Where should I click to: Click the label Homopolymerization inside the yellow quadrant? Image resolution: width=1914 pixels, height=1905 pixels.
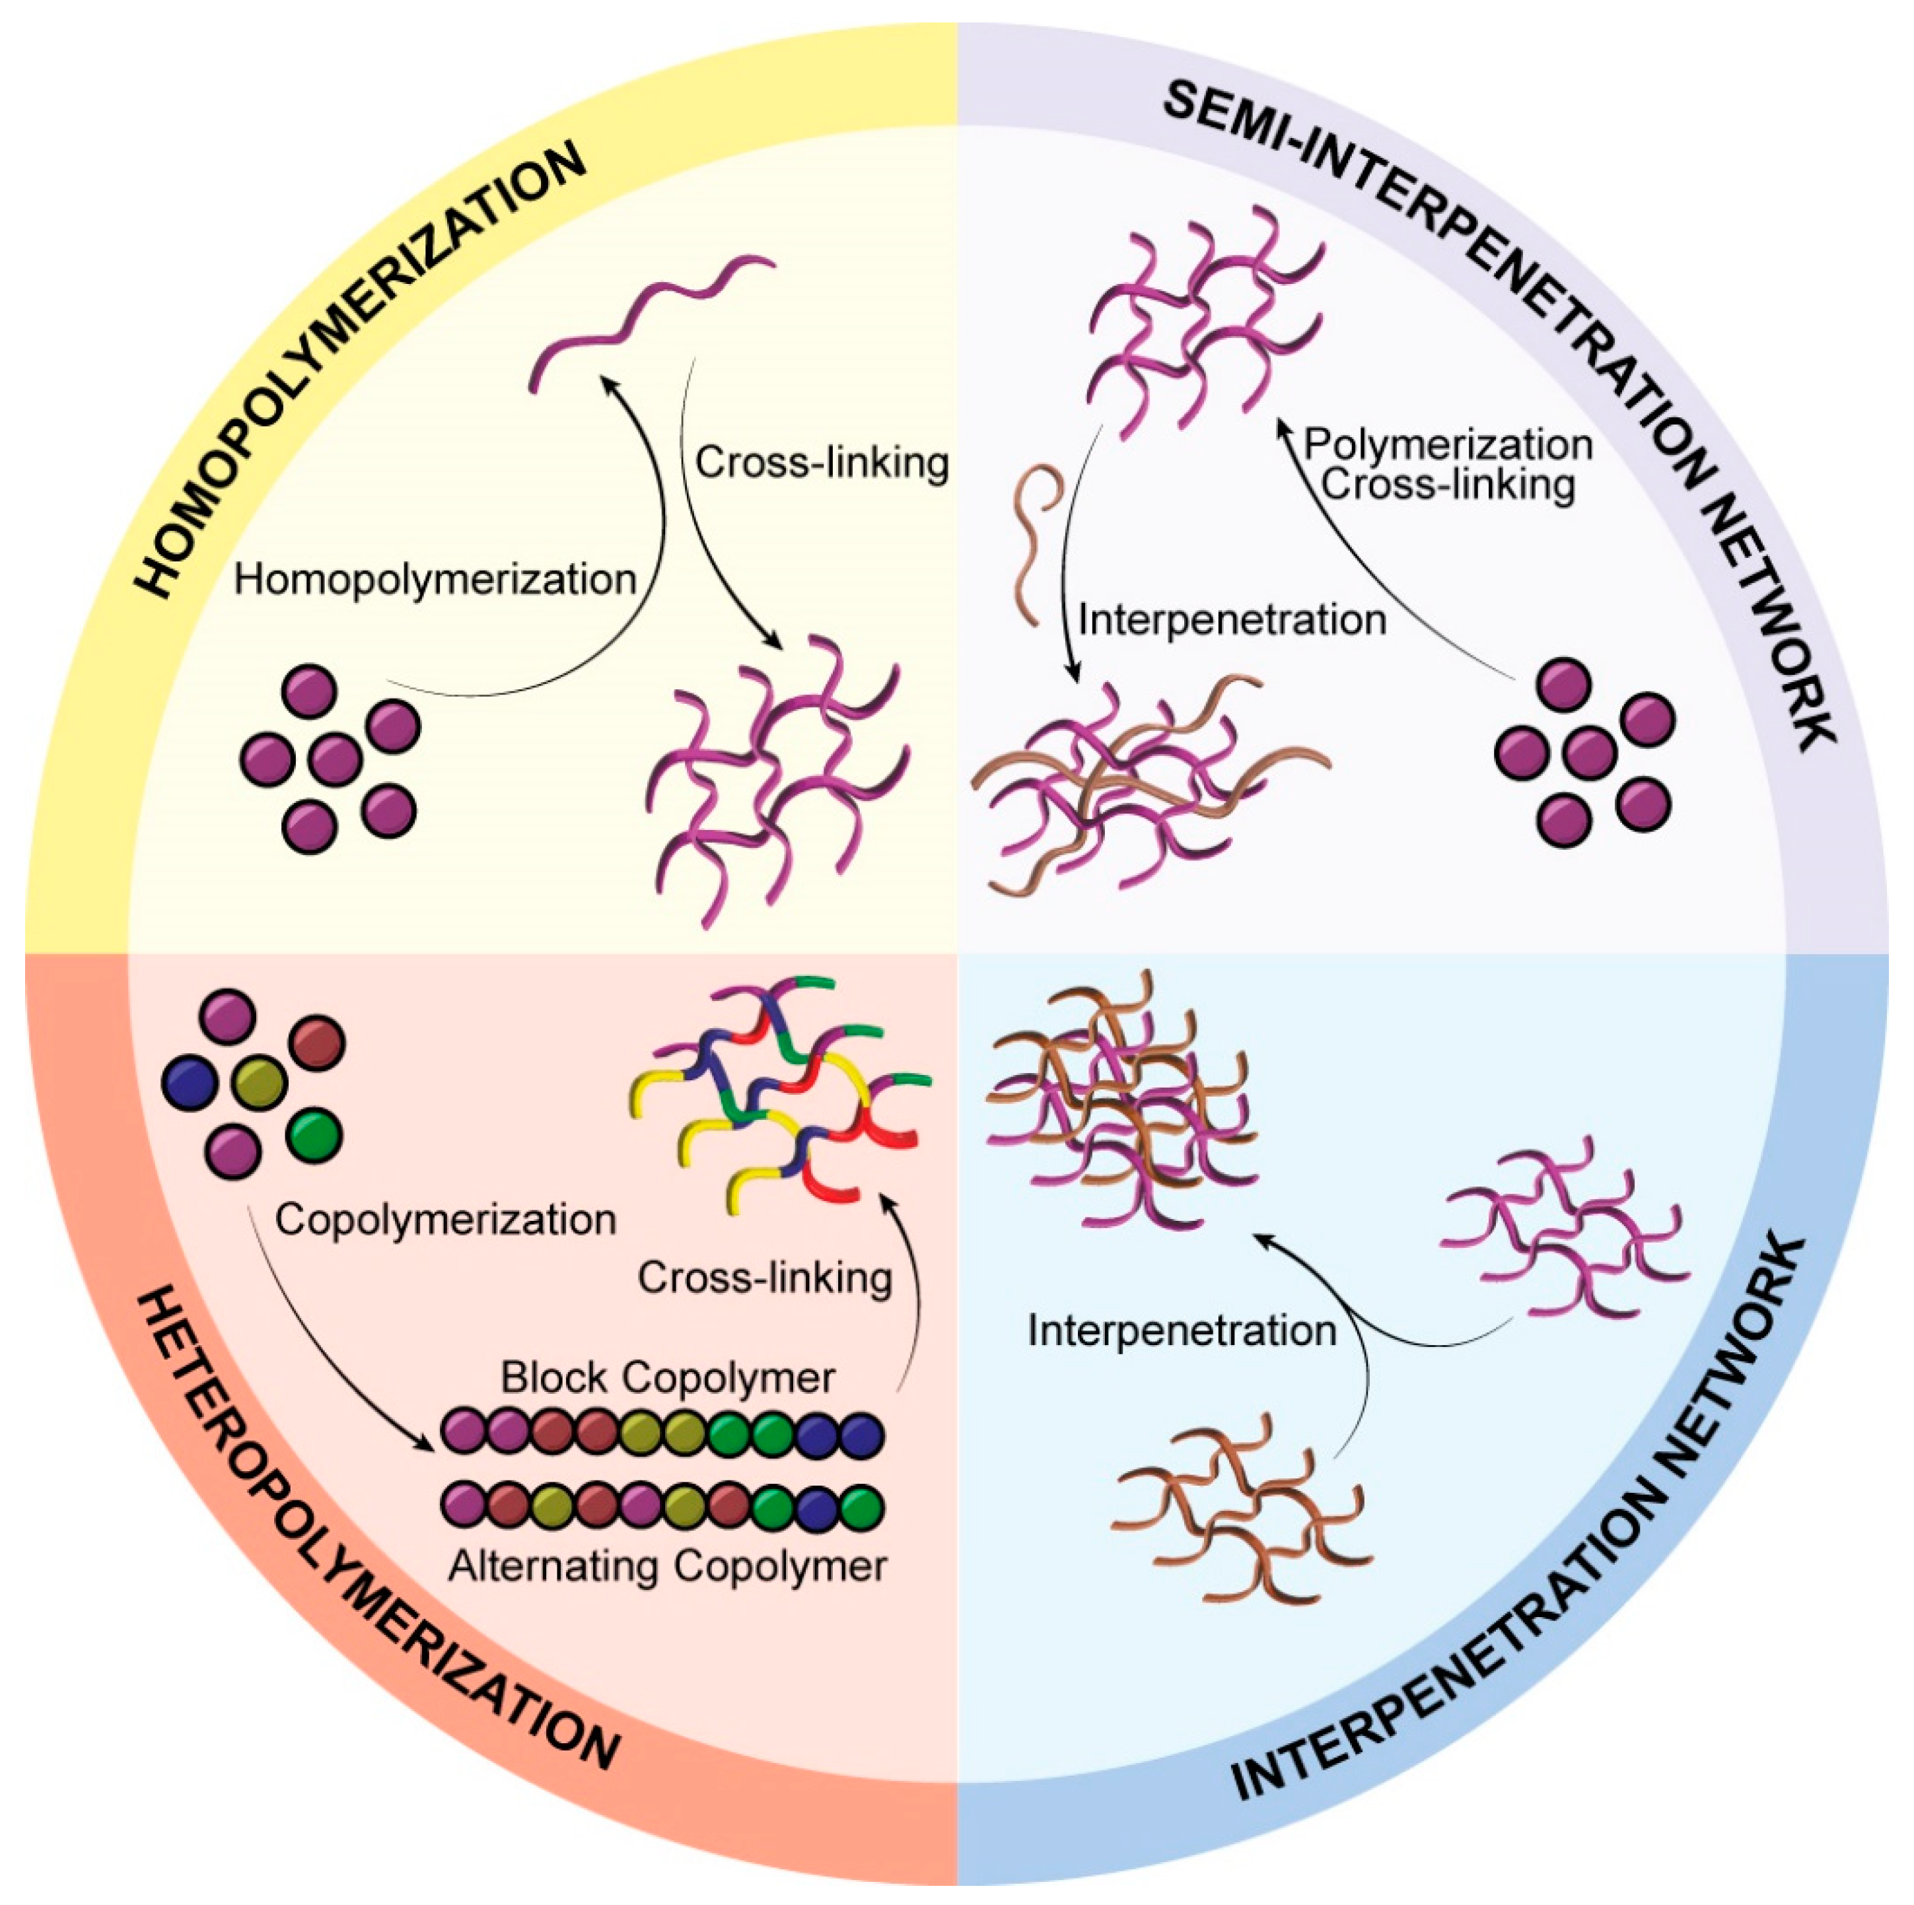435,580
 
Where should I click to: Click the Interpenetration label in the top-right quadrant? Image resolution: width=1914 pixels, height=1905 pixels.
1231,620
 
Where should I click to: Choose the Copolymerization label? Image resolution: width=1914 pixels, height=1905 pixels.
446,1220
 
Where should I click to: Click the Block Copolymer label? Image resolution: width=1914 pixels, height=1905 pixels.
667,1378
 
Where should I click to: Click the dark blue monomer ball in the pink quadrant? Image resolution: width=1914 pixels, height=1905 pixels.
189,1083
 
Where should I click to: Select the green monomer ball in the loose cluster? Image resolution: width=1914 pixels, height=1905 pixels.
315,1135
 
